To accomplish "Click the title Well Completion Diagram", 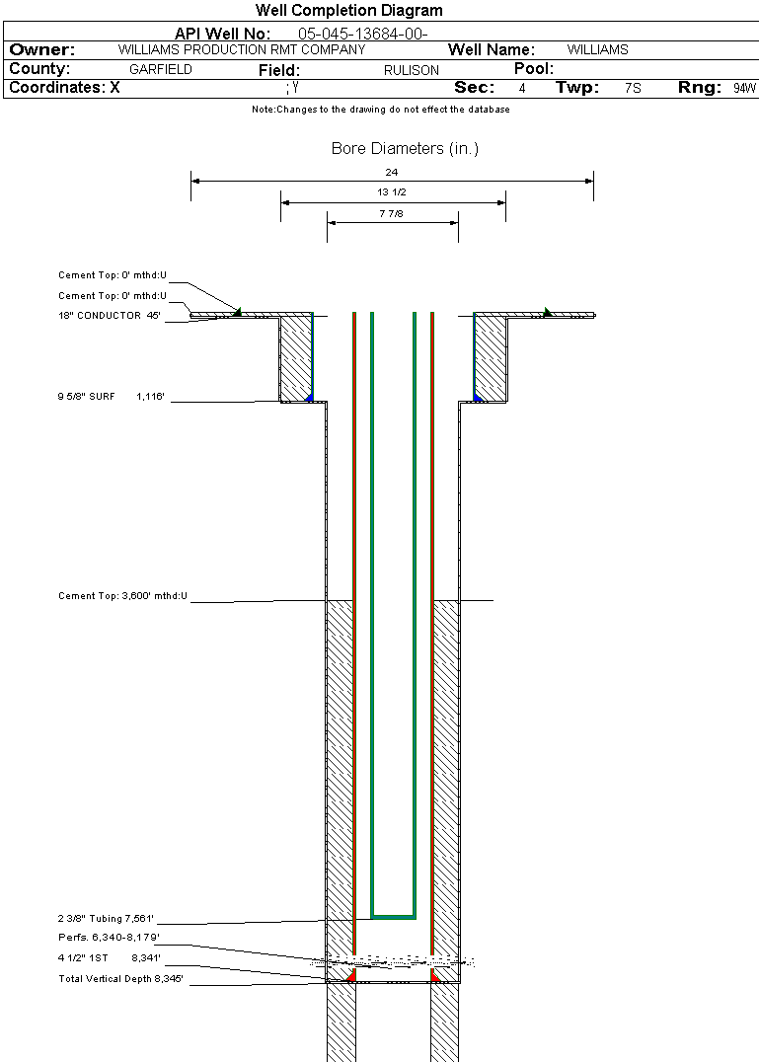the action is coord(348,10).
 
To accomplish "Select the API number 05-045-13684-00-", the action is coord(363,34).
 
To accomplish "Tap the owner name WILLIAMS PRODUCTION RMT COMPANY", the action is coord(242,49).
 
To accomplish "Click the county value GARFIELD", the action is coord(161,69).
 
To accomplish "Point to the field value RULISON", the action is coord(411,70).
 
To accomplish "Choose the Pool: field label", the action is coord(534,68).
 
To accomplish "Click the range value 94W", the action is coord(744,88).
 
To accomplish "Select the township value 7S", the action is coord(633,88).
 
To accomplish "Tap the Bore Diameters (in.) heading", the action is coord(405,148).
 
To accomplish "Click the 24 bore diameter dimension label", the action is coord(392,172).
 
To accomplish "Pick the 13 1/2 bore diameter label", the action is coord(392,192).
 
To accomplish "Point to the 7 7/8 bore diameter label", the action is coord(392,213).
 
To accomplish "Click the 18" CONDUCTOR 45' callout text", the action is coord(109,316).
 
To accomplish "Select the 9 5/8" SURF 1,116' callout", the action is coord(112,396).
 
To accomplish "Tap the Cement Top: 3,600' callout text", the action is coord(122,596).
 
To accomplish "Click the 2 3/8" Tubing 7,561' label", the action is coord(106,919).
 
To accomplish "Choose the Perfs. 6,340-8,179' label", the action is coord(109,938).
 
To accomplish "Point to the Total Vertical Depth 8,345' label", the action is coord(120,979).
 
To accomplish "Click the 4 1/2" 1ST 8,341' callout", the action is coord(109,958).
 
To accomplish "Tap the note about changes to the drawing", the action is coord(381,109).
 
